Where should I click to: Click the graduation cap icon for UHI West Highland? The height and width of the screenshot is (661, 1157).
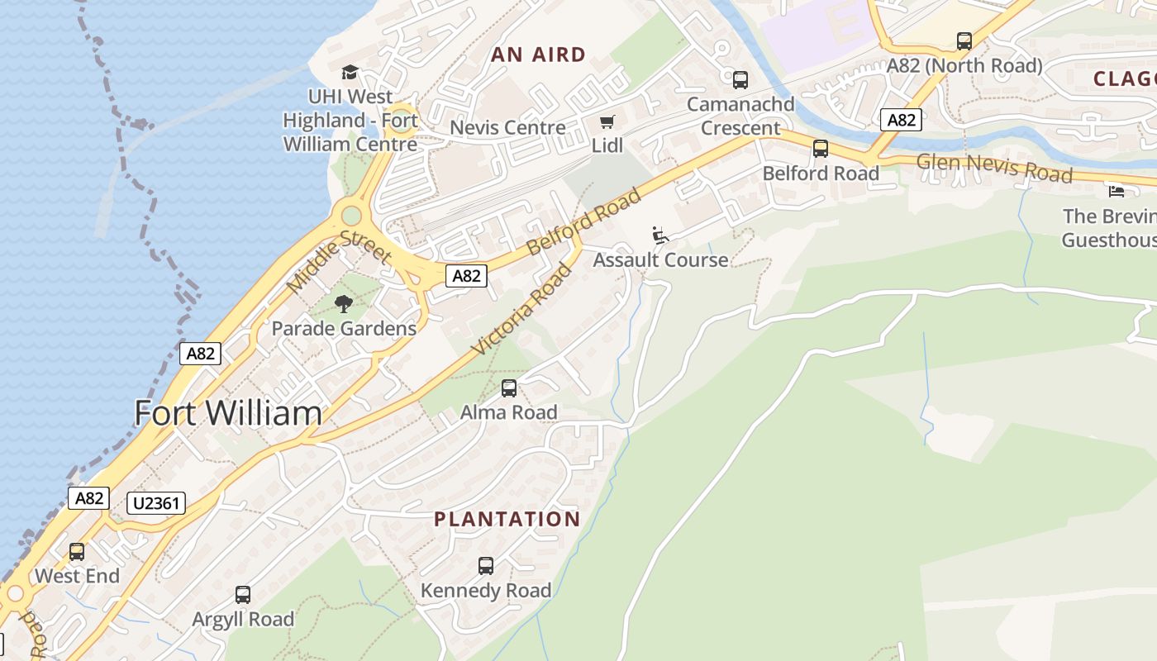(x=350, y=72)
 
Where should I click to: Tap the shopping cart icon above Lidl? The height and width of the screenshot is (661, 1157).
(x=607, y=122)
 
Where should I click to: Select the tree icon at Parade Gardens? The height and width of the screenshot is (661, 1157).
(x=344, y=304)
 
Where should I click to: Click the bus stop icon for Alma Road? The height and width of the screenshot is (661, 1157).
(x=509, y=388)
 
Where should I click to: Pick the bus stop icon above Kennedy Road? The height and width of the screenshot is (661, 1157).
(x=486, y=566)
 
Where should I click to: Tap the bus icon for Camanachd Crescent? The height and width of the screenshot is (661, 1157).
(x=740, y=80)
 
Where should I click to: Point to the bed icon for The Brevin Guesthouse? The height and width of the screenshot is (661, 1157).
(x=1116, y=192)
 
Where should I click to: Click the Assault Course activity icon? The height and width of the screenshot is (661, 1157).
(x=659, y=235)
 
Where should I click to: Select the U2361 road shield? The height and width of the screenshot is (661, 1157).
(x=156, y=503)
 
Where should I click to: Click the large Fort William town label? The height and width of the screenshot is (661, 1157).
(x=228, y=413)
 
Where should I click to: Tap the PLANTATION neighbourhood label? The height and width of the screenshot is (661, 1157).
(x=507, y=520)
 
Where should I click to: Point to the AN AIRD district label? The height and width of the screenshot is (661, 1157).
(x=539, y=55)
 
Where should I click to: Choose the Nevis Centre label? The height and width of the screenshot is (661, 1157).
(x=507, y=128)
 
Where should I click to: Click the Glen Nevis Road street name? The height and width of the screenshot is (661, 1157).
(x=995, y=168)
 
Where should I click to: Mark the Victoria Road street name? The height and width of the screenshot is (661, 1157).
(x=522, y=309)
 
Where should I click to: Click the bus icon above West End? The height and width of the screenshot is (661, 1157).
(x=77, y=551)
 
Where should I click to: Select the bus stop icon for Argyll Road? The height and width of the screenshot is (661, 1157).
(x=243, y=595)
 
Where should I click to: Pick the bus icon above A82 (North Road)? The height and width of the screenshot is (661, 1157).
(x=964, y=41)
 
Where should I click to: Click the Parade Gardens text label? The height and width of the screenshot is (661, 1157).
(x=344, y=329)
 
